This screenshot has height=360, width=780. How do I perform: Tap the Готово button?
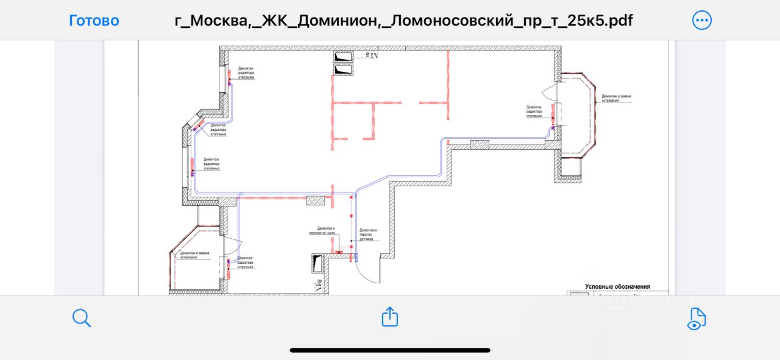click(x=94, y=21)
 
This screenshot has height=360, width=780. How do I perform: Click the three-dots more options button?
click(x=702, y=21)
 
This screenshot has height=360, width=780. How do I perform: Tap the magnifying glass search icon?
click(x=81, y=317)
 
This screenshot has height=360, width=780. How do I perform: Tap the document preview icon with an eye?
click(x=696, y=318)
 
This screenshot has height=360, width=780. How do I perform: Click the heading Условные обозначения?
click(x=617, y=286)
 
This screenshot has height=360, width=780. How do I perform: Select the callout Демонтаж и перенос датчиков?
click(x=368, y=235)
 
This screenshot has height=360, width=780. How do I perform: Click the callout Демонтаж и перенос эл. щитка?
click(x=322, y=230)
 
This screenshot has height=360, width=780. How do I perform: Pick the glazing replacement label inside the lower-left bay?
click(x=195, y=255)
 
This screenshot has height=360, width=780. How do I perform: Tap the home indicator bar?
click(x=390, y=350)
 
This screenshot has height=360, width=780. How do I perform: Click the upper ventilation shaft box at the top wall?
click(x=344, y=57)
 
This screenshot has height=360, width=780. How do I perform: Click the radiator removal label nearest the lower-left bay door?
click(x=245, y=263)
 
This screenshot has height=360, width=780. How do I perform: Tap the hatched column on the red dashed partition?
click(x=316, y=200)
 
